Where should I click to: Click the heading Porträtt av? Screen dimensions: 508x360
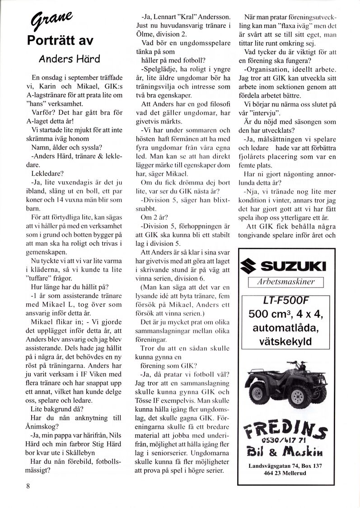pyautogui.click(x=60, y=40)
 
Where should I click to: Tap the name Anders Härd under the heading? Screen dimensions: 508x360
pyautogui.click(x=69, y=59)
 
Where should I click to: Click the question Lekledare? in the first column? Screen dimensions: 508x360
pyautogui.click(x=47, y=173)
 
